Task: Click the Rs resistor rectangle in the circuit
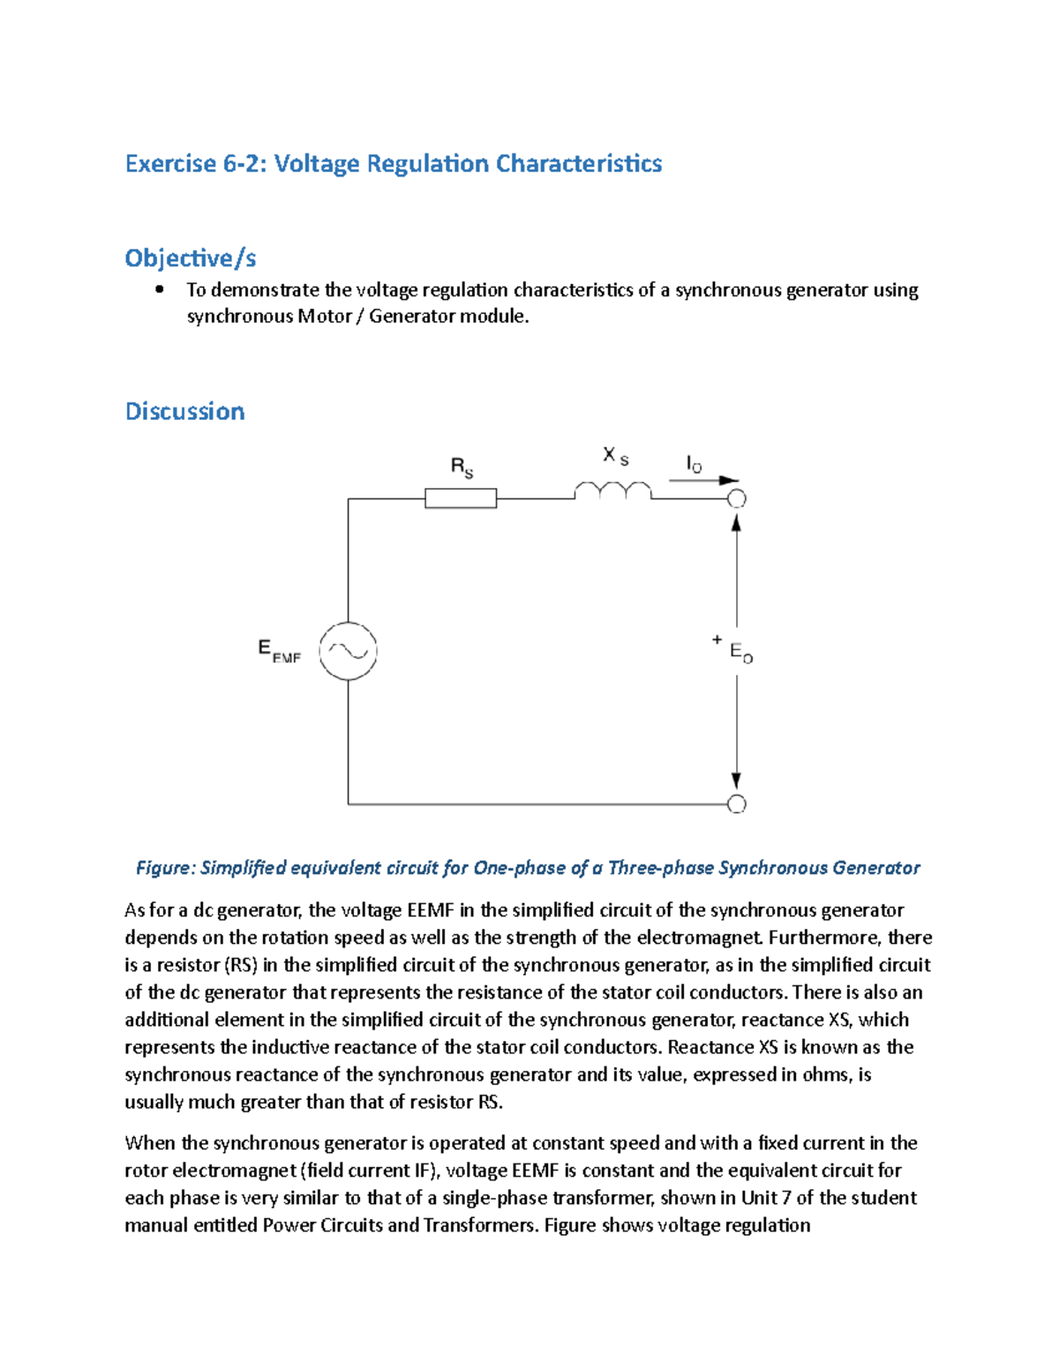coord(461,498)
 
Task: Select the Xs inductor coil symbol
coord(613,490)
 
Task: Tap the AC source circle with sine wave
coord(348,651)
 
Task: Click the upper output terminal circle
coord(736,498)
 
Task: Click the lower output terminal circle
coord(736,804)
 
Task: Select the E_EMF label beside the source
coord(279,651)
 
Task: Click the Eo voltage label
coord(741,653)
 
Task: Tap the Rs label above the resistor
coord(462,467)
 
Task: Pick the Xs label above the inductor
coord(615,456)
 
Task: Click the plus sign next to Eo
coord(717,640)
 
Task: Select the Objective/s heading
coord(190,258)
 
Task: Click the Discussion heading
coord(184,411)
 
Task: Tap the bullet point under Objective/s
coord(159,289)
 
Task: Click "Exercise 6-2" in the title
coord(195,163)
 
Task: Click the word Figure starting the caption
coord(165,867)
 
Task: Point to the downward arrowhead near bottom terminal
coord(736,781)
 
